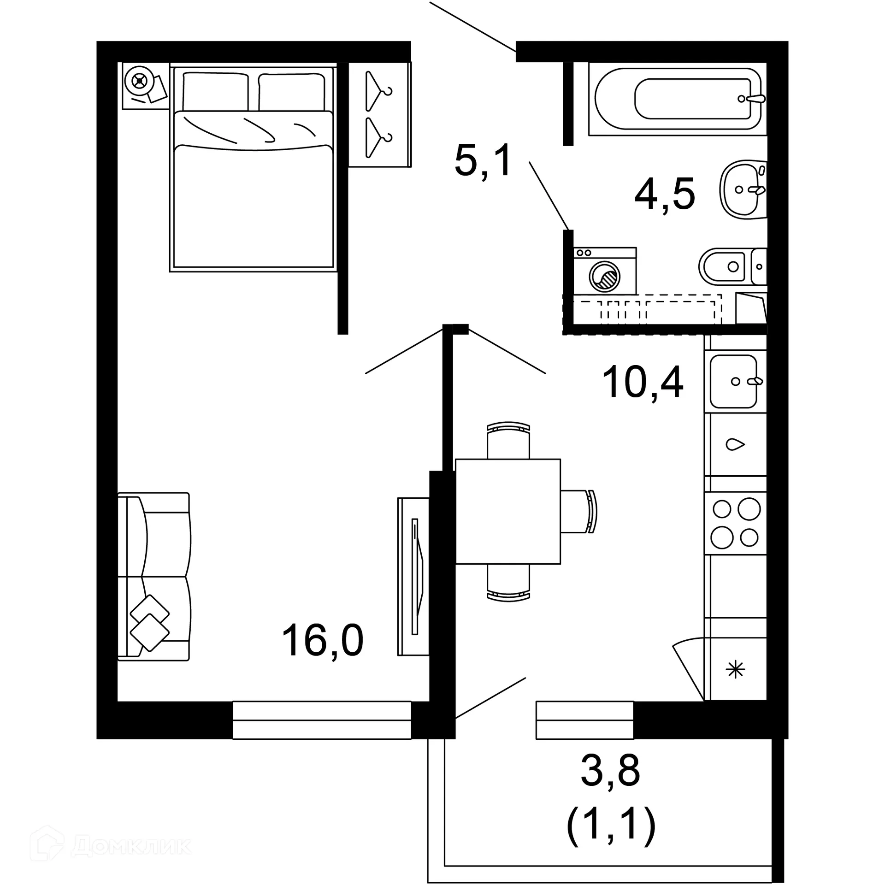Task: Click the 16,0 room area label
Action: click(x=322, y=640)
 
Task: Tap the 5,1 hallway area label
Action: click(x=483, y=160)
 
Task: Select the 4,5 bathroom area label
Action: click(x=664, y=194)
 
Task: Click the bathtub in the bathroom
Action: click(x=677, y=99)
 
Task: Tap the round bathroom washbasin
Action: click(x=742, y=189)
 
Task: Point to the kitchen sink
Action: click(x=733, y=381)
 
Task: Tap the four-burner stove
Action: click(x=736, y=523)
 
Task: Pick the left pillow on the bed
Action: click(x=215, y=91)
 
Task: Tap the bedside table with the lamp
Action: click(x=145, y=86)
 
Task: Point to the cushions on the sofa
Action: click(x=150, y=623)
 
